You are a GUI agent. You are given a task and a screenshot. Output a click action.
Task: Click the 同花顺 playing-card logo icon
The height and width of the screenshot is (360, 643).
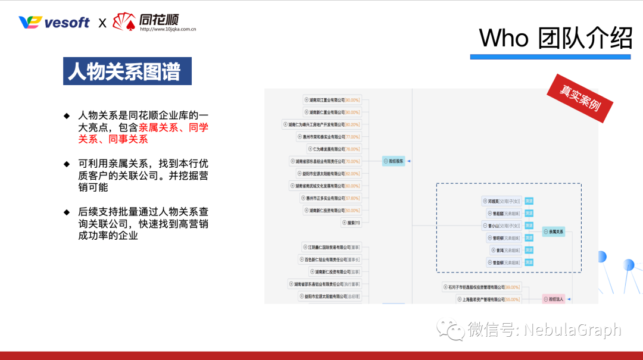point(124,22)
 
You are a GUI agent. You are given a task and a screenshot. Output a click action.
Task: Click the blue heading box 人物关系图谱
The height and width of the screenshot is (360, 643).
point(127,71)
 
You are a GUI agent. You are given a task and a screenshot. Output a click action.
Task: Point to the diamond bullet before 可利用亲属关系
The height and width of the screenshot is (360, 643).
point(67,163)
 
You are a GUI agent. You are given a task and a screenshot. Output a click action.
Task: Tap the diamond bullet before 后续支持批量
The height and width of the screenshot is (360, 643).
point(67,211)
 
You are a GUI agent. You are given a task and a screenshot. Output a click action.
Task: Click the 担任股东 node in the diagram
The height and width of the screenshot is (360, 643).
point(394,161)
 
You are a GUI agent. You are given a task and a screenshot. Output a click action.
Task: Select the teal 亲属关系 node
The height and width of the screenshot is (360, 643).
point(553,231)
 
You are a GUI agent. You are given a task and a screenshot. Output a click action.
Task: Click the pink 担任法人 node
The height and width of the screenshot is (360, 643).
point(553,299)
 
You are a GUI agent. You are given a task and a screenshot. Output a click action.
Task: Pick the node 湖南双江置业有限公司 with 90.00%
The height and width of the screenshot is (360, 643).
point(332,100)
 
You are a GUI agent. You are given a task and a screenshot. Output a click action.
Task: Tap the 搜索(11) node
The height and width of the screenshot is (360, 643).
point(351,223)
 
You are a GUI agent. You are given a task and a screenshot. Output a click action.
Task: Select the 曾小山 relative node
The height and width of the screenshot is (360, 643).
point(501,226)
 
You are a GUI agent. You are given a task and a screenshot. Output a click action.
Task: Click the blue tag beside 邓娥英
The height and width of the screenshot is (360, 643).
point(529,201)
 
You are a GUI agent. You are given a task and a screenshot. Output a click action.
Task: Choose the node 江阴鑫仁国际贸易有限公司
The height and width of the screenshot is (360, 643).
point(331,247)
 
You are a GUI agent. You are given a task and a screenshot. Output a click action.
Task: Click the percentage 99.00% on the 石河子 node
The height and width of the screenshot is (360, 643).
point(512,287)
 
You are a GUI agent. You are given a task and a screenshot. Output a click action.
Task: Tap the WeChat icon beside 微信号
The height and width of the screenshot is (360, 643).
point(450,329)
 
